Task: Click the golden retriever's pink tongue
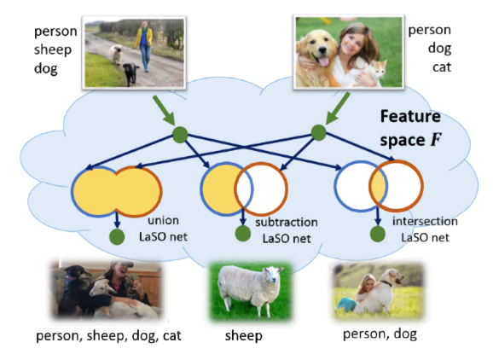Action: pyautogui.click(x=324, y=61)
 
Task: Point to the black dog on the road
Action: pyautogui.click(x=130, y=74)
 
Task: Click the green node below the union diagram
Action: pyautogui.click(x=117, y=237)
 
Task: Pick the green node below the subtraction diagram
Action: pyautogui.click(x=243, y=234)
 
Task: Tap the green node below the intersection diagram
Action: pyautogui.click(x=378, y=234)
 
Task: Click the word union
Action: pyautogui.click(x=163, y=220)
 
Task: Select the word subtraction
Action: pyautogui.click(x=287, y=223)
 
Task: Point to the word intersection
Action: pyautogui.click(x=425, y=221)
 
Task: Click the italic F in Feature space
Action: pyautogui.click(x=436, y=140)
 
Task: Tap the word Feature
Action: pyautogui.click(x=410, y=116)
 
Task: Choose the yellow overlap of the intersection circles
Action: pyautogui.click(x=378, y=187)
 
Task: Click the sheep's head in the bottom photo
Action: pyautogui.click(x=273, y=275)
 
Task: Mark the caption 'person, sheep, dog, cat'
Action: pyautogui.click(x=109, y=336)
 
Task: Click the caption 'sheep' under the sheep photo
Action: pyautogui.click(x=244, y=336)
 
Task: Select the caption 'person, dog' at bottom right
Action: pyautogui.click(x=380, y=334)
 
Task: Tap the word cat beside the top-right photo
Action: pyautogui.click(x=442, y=67)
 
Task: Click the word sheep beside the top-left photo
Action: pyautogui.click(x=53, y=50)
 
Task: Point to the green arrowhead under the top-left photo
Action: pyautogui.click(x=170, y=120)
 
